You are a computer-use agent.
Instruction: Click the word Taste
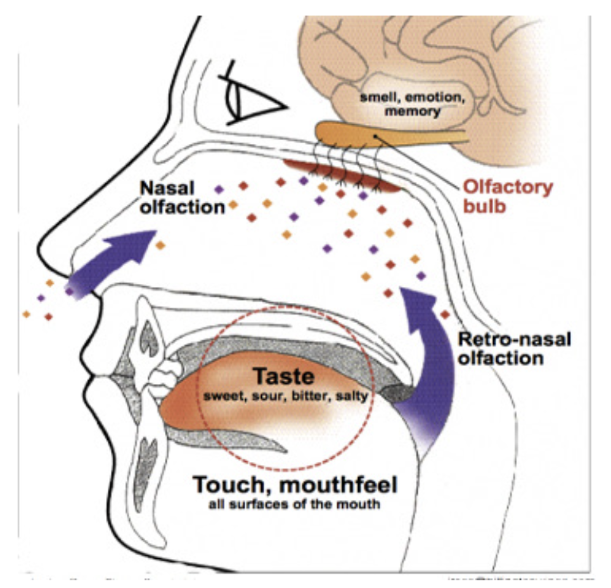coord(284,376)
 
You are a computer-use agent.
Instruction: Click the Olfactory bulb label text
coord(508,196)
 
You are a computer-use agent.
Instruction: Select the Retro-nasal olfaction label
coord(513,348)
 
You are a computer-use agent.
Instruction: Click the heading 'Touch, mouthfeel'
coord(295,486)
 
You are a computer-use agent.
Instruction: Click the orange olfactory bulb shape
coord(380,134)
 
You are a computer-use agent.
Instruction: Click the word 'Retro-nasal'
coord(513,340)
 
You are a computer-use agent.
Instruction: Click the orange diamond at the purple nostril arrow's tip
coord(160,245)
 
